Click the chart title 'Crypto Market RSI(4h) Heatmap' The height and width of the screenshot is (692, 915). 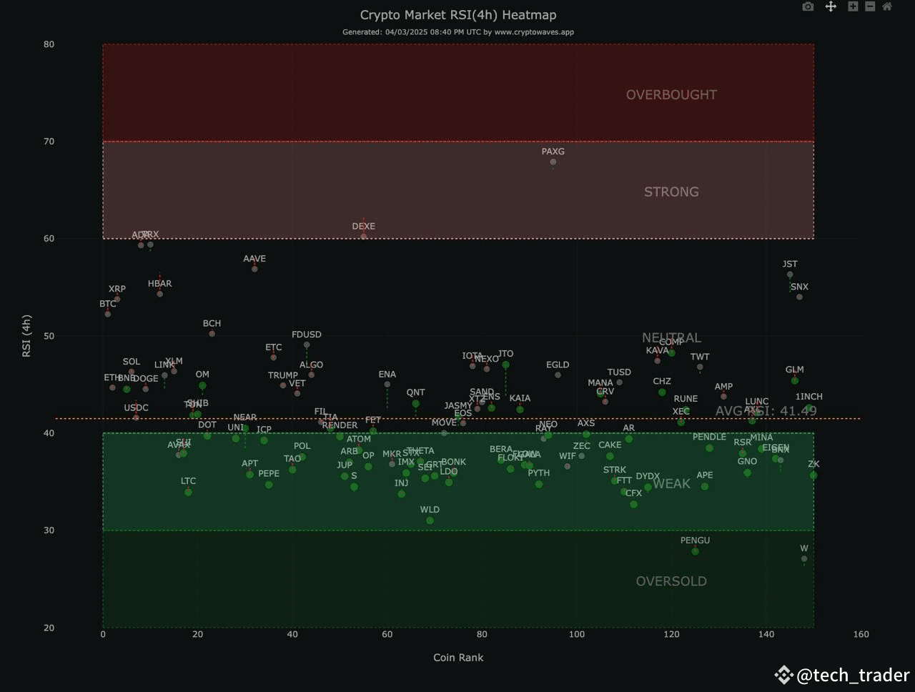[x=457, y=15]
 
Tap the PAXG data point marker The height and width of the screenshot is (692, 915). [x=553, y=162]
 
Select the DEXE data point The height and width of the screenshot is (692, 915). [x=364, y=236]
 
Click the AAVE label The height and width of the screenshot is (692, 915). [x=254, y=259]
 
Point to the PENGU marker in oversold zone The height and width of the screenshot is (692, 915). [x=695, y=551]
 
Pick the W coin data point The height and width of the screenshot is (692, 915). [x=804, y=559]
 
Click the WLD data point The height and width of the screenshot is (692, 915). [x=430, y=520]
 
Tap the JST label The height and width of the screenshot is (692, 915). [x=790, y=265]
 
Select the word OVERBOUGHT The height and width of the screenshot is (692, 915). [x=671, y=95]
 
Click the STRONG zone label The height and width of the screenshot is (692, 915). [x=671, y=192]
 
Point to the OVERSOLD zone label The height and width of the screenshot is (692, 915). [x=671, y=581]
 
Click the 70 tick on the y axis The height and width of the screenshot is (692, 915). [x=49, y=142]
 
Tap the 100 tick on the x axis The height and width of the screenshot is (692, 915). [x=577, y=634]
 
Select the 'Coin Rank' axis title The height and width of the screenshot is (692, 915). [x=458, y=658]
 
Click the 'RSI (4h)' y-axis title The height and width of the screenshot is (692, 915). [x=26, y=336]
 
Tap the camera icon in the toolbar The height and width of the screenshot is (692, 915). [x=808, y=6]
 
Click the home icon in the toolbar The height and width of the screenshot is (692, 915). [x=887, y=6]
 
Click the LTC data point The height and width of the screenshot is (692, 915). [x=188, y=493]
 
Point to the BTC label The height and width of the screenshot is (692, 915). [x=107, y=304]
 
